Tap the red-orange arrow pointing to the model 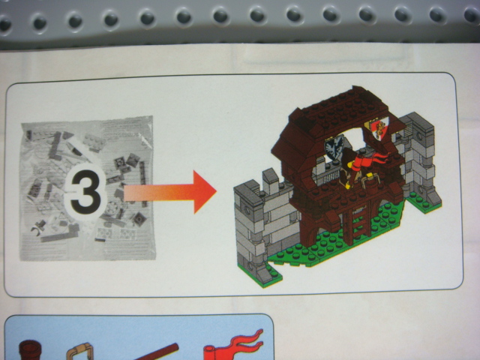[170, 192]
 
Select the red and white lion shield [377, 128]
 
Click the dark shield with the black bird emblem [334, 148]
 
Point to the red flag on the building [370, 160]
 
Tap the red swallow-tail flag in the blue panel [234, 345]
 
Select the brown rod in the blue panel [156, 352]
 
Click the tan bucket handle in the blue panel [79, 352]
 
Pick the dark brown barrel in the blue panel [30, 350]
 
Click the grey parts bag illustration [87, 188]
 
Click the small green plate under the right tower [424, 202]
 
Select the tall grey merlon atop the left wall [271, 181]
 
